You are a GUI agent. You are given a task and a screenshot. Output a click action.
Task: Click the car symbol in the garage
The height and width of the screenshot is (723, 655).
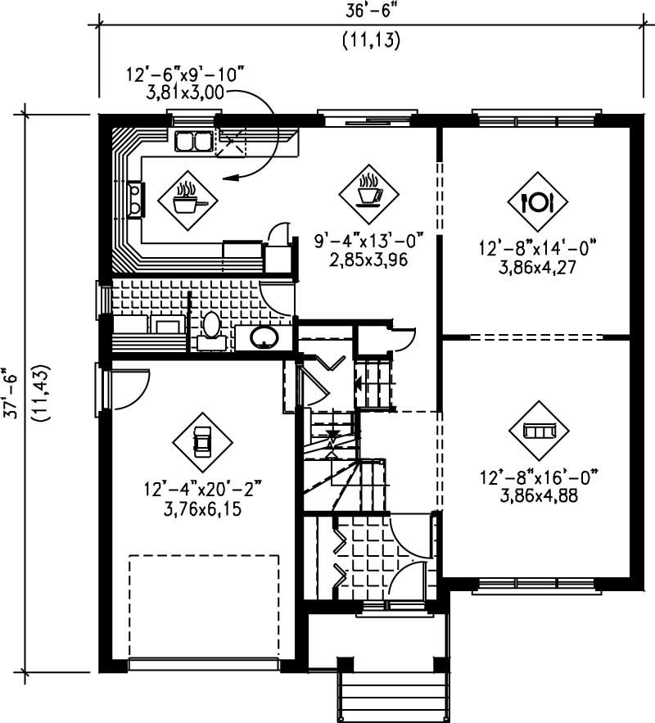pos(201,442)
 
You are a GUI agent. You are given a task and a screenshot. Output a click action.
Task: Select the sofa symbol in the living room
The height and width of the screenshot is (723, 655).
pos(539,431)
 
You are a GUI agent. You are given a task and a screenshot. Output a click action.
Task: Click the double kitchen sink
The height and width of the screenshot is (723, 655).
pos(193,142)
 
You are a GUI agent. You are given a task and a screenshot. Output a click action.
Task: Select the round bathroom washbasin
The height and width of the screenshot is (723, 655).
pos(264,337)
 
